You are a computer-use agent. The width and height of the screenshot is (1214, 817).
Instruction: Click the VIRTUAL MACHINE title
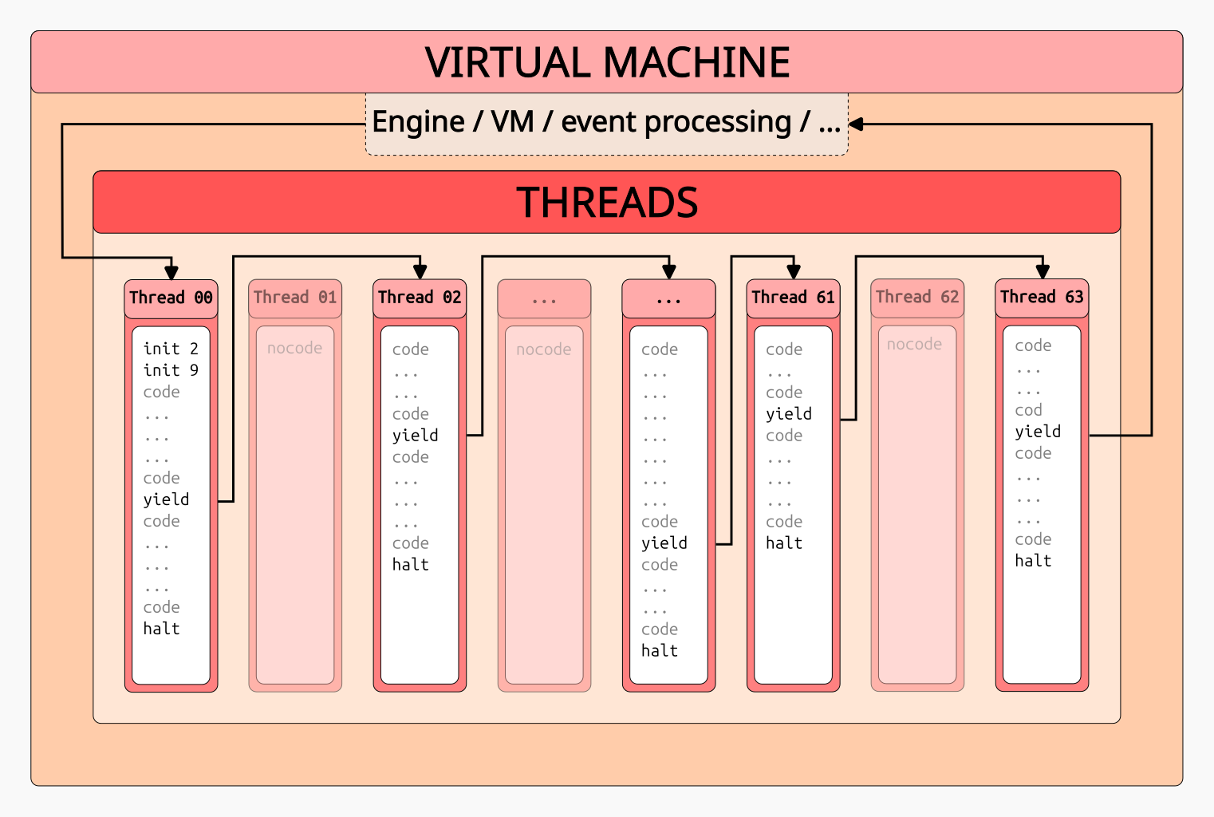[x=607, y=62]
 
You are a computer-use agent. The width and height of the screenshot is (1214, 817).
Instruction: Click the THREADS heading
[x=607, y=202]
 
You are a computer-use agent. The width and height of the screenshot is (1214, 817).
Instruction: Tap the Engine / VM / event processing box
[x=606, y=122]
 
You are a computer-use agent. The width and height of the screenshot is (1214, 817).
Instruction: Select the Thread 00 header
[x=171, y=298]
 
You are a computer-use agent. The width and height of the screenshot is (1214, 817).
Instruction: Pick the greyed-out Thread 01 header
[x=295, y=298]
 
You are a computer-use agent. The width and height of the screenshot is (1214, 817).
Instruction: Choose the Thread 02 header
[x=420, y=298]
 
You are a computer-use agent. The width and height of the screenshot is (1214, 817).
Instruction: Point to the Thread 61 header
[x=793, y=298]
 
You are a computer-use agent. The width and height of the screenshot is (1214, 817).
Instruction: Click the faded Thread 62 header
[x=917, y=297]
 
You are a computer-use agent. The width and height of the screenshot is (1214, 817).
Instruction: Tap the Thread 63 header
[x=1042, y=297]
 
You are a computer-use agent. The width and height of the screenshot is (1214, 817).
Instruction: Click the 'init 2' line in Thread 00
[x=171, y=349]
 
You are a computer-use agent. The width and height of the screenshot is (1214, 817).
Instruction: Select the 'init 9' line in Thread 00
[x=171, y=370]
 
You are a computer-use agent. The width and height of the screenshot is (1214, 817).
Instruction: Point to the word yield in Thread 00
[x=166, y=499]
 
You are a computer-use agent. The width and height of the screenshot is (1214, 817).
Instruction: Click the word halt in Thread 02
[x=410, y=564]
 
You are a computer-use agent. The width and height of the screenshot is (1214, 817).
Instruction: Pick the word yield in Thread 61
[x=788, y=413]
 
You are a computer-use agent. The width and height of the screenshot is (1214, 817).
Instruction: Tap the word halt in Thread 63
[x=1033, y=560]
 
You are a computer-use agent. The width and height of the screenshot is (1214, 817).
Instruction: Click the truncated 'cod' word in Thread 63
[x=1028, y=410]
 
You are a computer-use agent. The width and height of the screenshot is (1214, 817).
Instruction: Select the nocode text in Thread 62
[x=914, y=344]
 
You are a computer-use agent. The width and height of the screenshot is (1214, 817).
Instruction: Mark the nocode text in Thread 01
[x=294, y=348]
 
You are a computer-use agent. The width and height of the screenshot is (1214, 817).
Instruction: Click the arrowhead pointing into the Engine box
[x=856, y=124]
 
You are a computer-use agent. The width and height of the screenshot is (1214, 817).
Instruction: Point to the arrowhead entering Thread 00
[x=171, y=272]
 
